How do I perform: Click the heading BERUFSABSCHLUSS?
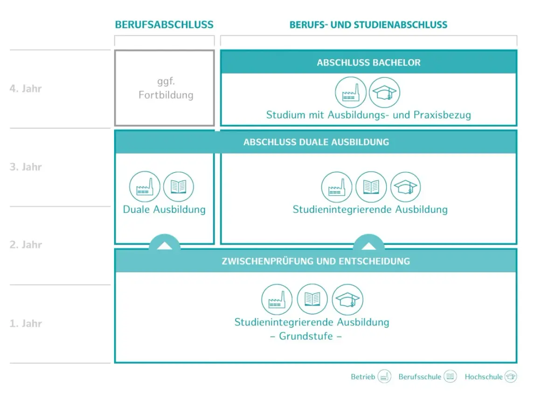coord(164,25)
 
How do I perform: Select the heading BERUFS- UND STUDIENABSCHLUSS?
coord(368,25)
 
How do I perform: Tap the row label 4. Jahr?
coord(26,89)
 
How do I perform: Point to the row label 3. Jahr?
coord(26,167)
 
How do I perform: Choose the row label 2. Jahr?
coord(26,245)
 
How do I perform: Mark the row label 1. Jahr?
coord(26,324)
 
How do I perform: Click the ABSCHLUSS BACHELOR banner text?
coord(368,63)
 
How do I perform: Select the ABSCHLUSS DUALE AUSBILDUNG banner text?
coord(316,142)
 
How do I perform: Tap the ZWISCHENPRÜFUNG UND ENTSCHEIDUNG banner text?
coord(316,261)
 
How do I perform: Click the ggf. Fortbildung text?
coord(166,88)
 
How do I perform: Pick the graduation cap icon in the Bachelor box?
coord(384,92)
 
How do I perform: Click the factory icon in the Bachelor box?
coord(351,92)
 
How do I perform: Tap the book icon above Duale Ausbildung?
coord(178,187)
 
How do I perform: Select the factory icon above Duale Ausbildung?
coord(145,187)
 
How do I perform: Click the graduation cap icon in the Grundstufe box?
coord(347,299)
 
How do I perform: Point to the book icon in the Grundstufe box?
coord(312,299)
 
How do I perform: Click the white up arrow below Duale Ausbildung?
coord(165,246)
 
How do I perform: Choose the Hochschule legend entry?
coord(491,376)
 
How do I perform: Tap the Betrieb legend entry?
coord(371,376)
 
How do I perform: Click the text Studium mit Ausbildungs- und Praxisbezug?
coord(368,115)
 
